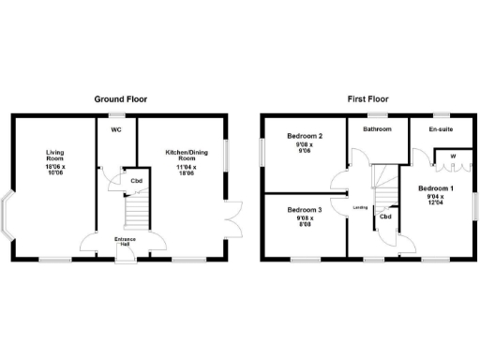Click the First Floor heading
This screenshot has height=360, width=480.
(367, 98)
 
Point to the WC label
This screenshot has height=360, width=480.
(117, 130)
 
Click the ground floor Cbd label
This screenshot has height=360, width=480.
(136, 181)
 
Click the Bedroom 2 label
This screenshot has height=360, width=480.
(305, 137)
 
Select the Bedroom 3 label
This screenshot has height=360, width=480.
(305, 209)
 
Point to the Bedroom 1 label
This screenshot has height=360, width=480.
(436, 188)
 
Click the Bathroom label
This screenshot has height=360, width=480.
(377, 130)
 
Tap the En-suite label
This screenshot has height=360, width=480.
(441, 130)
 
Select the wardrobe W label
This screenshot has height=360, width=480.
(453, 156)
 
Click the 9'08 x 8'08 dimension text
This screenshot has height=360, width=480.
(305, 222)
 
